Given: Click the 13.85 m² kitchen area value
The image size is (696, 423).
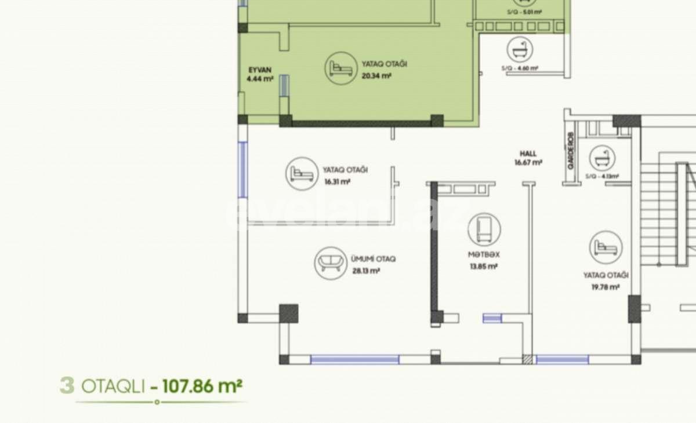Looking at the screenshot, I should pos(484,267).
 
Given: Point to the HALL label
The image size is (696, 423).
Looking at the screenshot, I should pos(528,154).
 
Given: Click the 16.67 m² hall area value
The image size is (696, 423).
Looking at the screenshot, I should pos(528,163).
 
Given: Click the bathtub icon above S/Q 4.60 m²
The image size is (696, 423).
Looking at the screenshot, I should pos(520,50).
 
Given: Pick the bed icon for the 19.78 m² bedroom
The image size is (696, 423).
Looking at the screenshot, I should pos(606,247).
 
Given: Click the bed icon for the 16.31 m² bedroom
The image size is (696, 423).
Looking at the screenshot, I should pos(302,173).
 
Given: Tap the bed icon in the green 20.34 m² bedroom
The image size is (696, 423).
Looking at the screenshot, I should pos(339,68).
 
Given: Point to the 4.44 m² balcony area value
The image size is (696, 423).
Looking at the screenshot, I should pos(259,79).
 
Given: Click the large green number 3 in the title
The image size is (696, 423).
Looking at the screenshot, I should pos(67,386).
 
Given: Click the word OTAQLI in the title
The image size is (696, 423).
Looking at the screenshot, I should pos(113,386).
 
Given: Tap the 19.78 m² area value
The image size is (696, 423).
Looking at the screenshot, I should pos(606,286).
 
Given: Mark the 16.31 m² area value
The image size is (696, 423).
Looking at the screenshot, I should pos(337,181).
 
